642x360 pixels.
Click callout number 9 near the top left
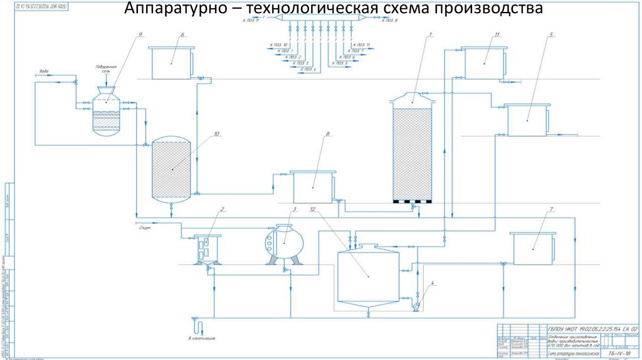[x=140, y=33]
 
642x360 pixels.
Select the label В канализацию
[x=202, y=339]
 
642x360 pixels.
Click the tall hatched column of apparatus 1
[x=411, y=154]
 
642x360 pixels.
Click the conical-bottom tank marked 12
[x=367, y=276]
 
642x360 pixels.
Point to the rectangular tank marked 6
[x=171, y=63]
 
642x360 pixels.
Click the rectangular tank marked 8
[x=313, y=187]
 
